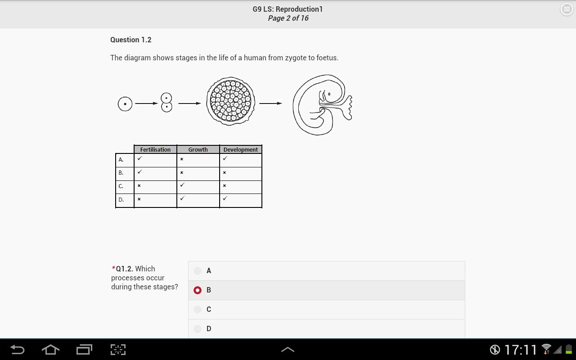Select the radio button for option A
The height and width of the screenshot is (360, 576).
198,271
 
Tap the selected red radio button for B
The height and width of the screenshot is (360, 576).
198,290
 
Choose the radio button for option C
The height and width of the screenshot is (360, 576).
198,309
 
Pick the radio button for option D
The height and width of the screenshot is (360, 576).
198,328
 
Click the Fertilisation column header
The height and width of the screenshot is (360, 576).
155,149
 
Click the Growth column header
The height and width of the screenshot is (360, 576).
198,149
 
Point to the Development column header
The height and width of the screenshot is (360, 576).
241,149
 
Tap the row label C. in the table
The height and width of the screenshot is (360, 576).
121,186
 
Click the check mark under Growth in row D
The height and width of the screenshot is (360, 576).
182,198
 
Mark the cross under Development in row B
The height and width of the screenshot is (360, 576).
225,172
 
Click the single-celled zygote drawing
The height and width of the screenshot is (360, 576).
125,104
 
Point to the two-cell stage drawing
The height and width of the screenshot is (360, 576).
166,102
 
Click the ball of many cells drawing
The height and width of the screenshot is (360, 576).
231,101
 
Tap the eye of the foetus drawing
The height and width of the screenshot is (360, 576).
329,94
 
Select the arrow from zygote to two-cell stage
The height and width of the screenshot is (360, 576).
146,103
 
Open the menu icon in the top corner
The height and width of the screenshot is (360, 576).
567,9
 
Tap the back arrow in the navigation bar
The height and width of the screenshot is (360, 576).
18,350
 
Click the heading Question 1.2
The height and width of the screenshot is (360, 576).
130,40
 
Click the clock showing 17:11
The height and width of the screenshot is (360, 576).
521,350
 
